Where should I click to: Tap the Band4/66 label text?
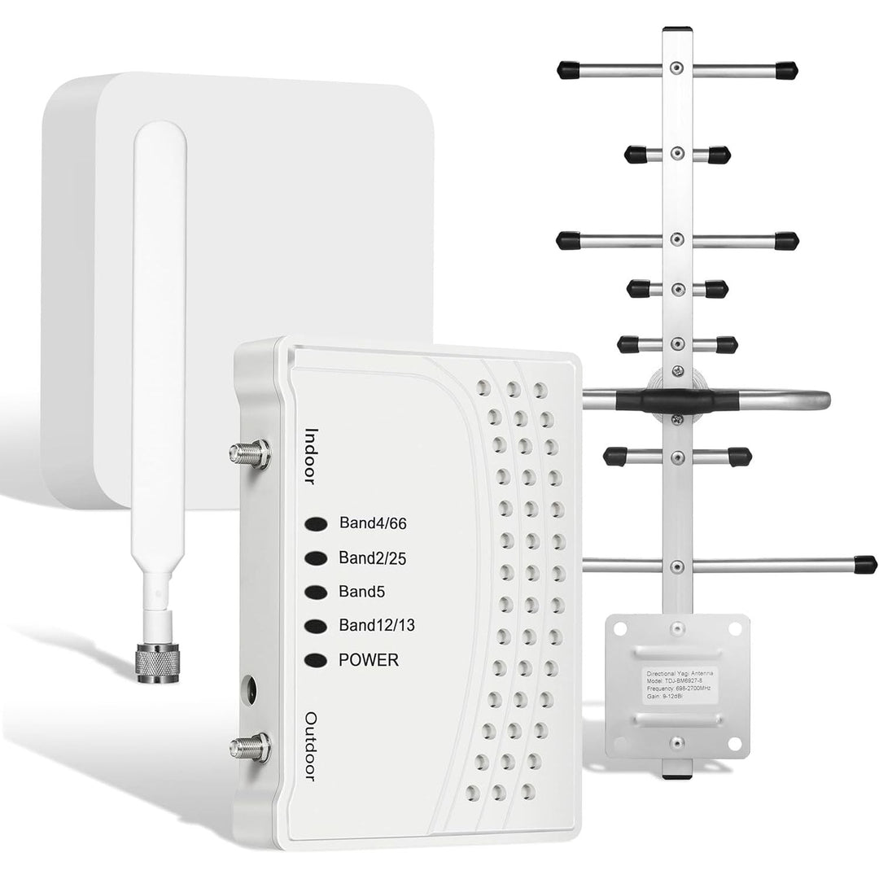[372, 524]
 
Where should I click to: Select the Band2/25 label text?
[372, 558]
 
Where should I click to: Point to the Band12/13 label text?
[380, 626]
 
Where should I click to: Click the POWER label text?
[369, 660]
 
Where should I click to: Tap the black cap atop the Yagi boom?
[677, 29]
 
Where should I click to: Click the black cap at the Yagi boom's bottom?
[676, 776]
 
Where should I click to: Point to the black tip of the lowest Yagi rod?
[865, 564]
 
